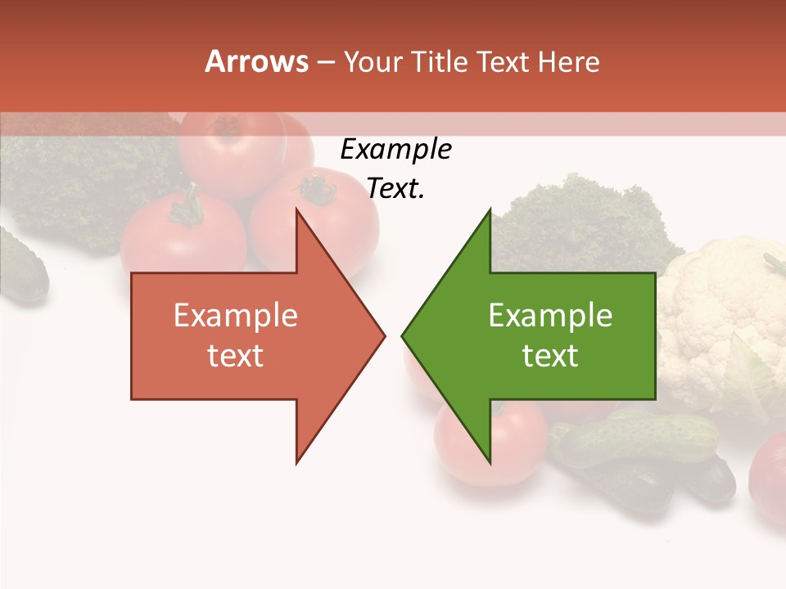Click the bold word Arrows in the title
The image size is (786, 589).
click(256, 61)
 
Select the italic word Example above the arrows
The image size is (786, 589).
click(395, 150)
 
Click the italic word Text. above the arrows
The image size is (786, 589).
click(395, 189)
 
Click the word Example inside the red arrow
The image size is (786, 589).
click(236, 316)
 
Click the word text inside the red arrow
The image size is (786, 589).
click(236, 355)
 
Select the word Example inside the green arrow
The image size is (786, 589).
click(550, 316)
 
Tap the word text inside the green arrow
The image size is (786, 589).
click(550, 355)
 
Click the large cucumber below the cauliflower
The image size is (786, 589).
click(639, 438)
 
